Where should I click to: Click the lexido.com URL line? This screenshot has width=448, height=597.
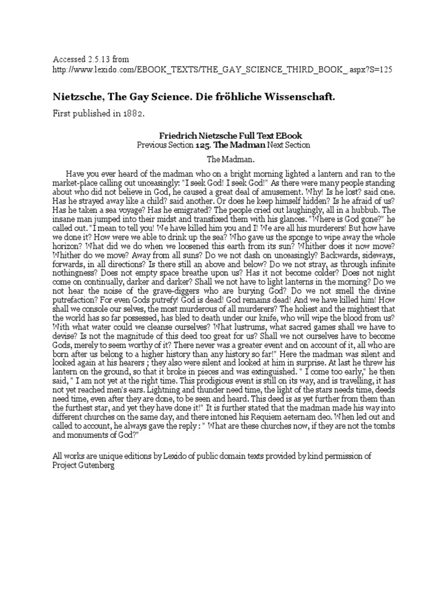(222, 69)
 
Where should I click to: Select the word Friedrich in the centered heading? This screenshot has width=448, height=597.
(175, 134)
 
